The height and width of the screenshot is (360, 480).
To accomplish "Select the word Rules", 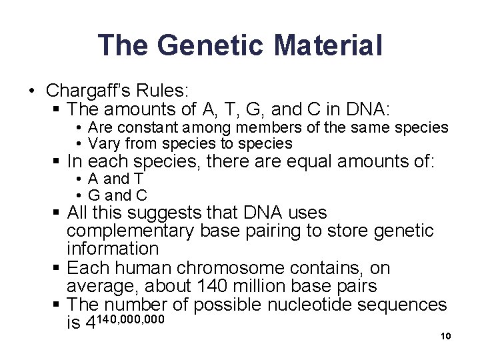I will [x=168, y=89].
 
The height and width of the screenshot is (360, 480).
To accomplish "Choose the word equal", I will [x=307, y=162].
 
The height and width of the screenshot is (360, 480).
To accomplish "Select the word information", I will [x=113, y=249].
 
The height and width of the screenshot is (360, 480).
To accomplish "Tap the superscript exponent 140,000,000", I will [x=131, y=319].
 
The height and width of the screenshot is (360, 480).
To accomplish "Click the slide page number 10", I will [x=446, y=336].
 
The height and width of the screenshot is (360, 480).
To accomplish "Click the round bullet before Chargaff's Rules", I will [x=32, y=91].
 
